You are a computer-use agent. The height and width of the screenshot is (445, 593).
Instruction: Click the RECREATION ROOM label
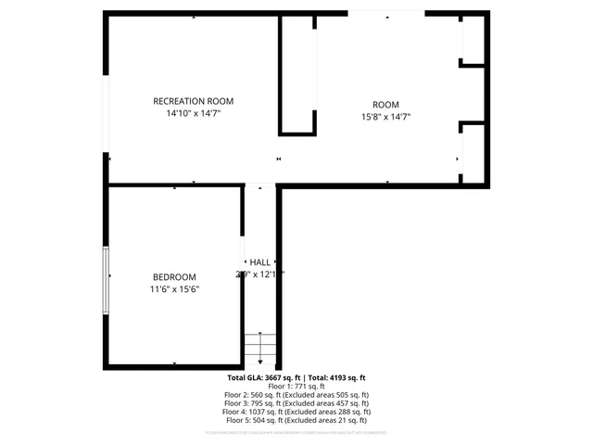tap(193, 101)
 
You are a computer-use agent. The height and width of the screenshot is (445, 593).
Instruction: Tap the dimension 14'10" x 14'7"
tap(193, 113)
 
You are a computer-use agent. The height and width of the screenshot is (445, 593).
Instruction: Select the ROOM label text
tap(385, 105)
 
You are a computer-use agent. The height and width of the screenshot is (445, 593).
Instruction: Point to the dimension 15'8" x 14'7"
tap(385, 117)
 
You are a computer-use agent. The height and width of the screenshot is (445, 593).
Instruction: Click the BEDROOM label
tap(174, 277)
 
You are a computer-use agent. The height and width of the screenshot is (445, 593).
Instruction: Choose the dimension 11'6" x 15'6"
tap(174, 289)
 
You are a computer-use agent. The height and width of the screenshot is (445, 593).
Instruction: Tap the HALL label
tap(259, 262)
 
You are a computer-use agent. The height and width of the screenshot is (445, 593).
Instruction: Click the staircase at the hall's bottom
tap(260, 347)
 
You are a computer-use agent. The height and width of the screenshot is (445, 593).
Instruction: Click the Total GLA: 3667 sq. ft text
tap(265, 378)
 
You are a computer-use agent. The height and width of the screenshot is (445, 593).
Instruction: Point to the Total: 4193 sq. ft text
tap(337, 378)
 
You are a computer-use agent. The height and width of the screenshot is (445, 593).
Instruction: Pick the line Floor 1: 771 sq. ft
tap(296, 387)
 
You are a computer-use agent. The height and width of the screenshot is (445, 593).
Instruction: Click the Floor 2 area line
tap(296, 395)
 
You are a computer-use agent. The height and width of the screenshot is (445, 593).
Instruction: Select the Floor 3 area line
tap(296, 403)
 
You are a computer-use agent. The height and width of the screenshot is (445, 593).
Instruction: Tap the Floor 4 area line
tap(296, 412)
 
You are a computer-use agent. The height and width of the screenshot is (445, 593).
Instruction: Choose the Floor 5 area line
tap(296, 420)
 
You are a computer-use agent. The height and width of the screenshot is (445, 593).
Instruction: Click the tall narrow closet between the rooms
tap(297, 74)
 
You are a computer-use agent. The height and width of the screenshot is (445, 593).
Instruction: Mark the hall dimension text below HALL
tap(259, 274)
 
